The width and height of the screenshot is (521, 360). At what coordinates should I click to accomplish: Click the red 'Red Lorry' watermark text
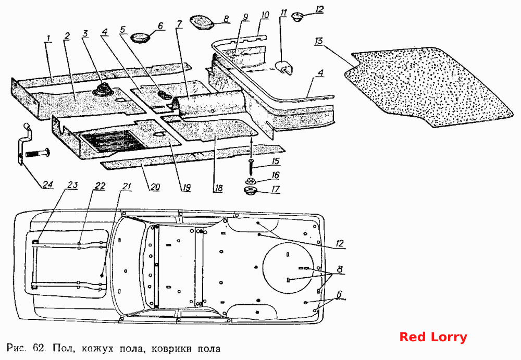433,337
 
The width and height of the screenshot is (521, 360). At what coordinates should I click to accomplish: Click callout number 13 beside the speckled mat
319,41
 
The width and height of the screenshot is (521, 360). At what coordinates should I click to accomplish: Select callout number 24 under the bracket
48,184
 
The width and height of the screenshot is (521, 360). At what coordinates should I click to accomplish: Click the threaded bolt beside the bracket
36,154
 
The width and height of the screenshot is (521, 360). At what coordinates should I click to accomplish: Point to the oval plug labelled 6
140,37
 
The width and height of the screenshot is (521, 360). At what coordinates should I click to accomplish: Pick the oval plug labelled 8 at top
202,22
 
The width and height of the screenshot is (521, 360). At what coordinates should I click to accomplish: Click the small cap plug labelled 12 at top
297,16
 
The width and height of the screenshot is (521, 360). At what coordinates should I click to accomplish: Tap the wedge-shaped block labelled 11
284,68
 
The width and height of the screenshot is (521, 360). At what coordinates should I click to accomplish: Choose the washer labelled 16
252,181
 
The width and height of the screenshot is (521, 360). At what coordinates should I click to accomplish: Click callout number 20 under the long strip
155,187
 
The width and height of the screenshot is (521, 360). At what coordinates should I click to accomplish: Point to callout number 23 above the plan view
72,185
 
